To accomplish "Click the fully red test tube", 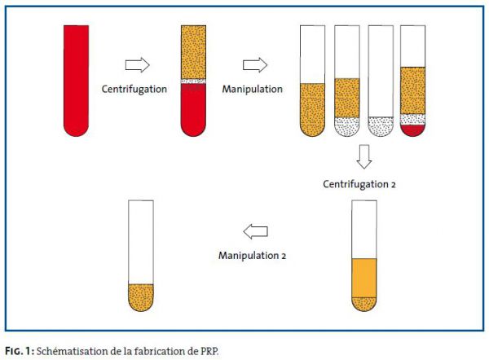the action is [x=76, y=81].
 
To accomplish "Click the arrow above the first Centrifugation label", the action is [x=138, y=65].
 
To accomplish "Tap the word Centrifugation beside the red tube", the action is [x=134, y=89].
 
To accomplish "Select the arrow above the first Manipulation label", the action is [x=255, y=65].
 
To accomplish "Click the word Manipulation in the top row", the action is [x=253, y=89].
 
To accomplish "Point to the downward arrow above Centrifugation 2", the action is [x=364, y=156].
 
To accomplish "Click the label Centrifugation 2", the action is [x=359, y=184].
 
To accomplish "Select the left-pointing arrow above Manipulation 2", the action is [x=255, y=231].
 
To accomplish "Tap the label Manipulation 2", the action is [x=253, y=256].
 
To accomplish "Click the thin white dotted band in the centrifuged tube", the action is [x=193, y=81].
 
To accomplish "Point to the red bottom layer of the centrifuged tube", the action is [x=193, y=110].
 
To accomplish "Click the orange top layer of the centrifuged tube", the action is [x=193, y=52].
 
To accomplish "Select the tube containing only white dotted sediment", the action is [x=381, y=81].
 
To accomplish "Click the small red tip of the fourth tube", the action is [x=413, y=130].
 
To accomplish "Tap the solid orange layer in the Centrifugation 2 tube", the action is [x=364, y=278].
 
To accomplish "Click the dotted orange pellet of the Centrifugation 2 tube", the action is [x=364, y=304].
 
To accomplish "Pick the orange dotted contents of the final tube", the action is [x=141, y=297].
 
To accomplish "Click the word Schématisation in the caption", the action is [x=72, y=351].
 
